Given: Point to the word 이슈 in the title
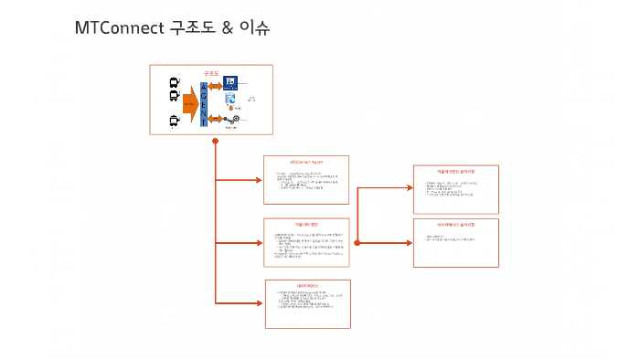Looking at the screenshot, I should [x=255, y=29].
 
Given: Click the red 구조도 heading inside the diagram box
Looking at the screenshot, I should [x=211, y=72].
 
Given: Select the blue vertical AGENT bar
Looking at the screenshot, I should [x=204, y=104].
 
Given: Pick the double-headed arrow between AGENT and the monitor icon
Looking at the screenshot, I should [x=216, y=86].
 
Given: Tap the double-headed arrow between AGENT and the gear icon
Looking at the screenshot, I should [x=216, y=119].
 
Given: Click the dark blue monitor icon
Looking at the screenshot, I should [x=230, y=83].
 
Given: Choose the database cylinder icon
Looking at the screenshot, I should [x=231, y=100].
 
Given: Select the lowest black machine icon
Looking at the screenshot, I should [x=174, y=121].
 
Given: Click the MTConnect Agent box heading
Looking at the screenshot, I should [x=306, y=162].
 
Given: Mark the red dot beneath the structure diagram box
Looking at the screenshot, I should [x=216, y=141].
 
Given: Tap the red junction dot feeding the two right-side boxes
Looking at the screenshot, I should [x=357, y=243].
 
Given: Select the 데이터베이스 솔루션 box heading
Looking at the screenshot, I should [x=455, y=224].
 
